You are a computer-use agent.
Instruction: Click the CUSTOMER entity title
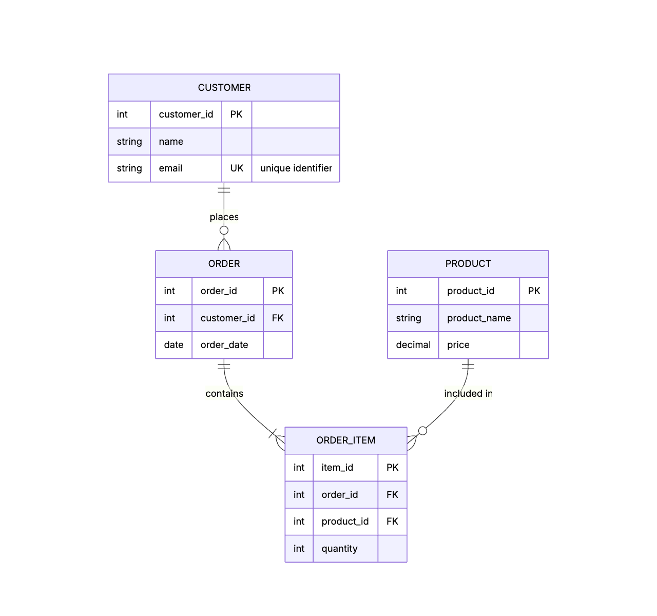(x=224, y=88)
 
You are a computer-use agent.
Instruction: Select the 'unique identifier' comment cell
(x=296, y=168)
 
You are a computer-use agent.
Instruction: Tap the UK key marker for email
(x=237, y=168)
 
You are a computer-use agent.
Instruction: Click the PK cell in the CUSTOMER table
(x=237, y=114)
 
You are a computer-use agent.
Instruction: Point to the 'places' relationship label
(x=224, y=217)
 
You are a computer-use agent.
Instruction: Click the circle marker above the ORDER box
(x=224, y=230)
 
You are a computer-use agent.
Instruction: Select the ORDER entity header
(x=224, y=264)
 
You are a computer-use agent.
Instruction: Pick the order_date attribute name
(x=224, y=345)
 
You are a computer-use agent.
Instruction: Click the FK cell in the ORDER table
(x=278, y=318)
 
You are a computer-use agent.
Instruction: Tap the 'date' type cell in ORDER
(x=173, y=345)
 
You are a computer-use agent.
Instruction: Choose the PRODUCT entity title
(x=468, y=264)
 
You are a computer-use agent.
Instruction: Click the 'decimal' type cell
(x=413, y=345)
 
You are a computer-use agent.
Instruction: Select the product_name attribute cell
(x=478, y=318)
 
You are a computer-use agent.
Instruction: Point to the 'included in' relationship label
(x=468, y=394)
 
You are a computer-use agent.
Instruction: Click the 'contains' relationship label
(x=224, y=394)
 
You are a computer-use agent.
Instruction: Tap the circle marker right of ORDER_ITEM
(x=422, y=431)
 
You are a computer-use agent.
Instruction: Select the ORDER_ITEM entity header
(x=345, y=440)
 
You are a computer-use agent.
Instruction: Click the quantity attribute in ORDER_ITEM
(x=339, y=549)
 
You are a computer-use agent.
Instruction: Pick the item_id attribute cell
(x=337, y=468)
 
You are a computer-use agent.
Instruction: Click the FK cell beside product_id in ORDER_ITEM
(x=392, y=522)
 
